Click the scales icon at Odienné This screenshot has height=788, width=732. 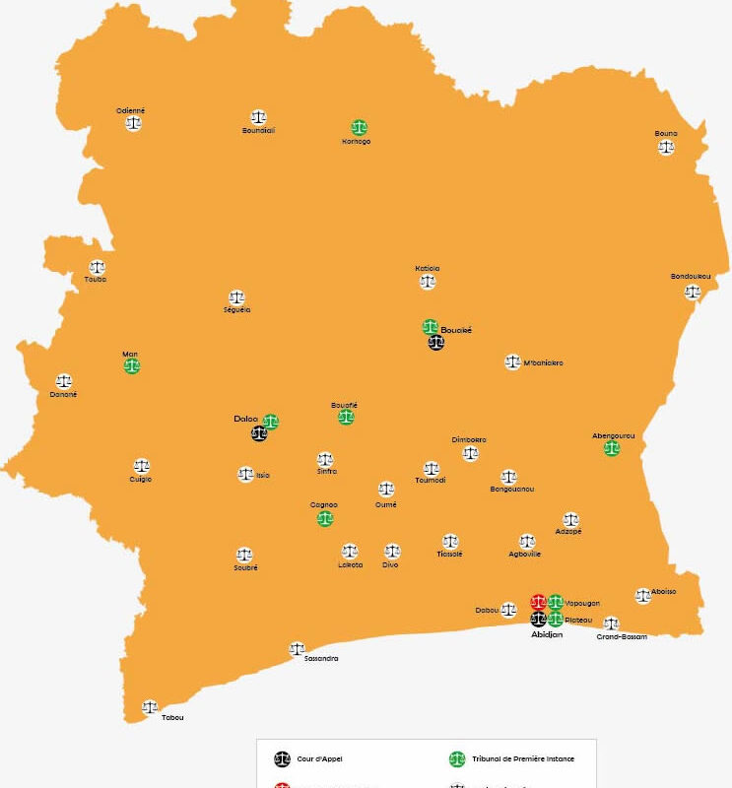pyautogui.click(x=133, y=123)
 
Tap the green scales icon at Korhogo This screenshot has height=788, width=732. pyautogui.click(x=359, y=127)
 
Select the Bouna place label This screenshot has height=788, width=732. pyautogui.click(x=666, y=133)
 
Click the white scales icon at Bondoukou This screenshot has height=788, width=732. pyautogui.click(x=693, y=292)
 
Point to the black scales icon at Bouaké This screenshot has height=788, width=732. pyautogui.click(x=435, y=343)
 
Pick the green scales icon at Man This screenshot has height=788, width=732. pyautogui.click(x=132, y=365)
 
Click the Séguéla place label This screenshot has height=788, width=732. pyautogui.click(x=236, y=310)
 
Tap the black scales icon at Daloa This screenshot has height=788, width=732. pyautogui.click(x=258, y=432)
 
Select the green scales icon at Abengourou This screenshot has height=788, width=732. pyautogui.click(x=612, y=448)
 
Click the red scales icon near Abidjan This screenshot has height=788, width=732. pyautogui.click(x=538, y=602)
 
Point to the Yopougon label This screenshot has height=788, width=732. pyautogui.click(x=582, y=603)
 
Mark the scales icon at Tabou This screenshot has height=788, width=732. pyautogui.click(x=150, y=706)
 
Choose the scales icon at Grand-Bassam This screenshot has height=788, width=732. pyautogui.click(x=611, y=624)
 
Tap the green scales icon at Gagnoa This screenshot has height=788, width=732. pyautogui.click(x=325, y=518)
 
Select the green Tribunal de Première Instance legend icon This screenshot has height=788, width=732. pyautogui.click(x=457, y=758)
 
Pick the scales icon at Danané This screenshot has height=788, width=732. pyautogui.click(x=64, y=381)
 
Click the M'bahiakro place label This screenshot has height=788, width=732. pyautogui.click(x=544, y=363)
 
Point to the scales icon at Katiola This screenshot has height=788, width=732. pyautogui.click(x=428, y=282)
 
